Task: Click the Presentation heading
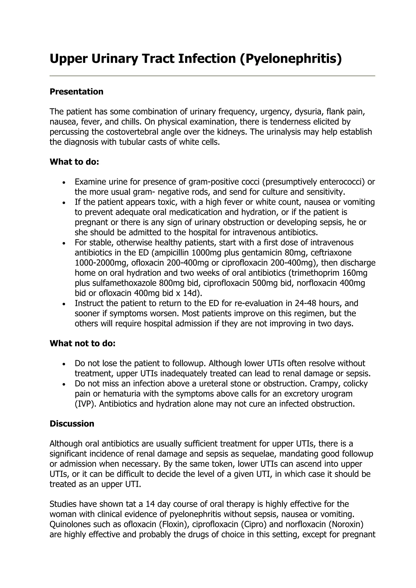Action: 76,92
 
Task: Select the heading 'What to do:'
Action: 74,162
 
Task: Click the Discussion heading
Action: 72,424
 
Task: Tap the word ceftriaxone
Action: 331,253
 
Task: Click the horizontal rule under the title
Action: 212,76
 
